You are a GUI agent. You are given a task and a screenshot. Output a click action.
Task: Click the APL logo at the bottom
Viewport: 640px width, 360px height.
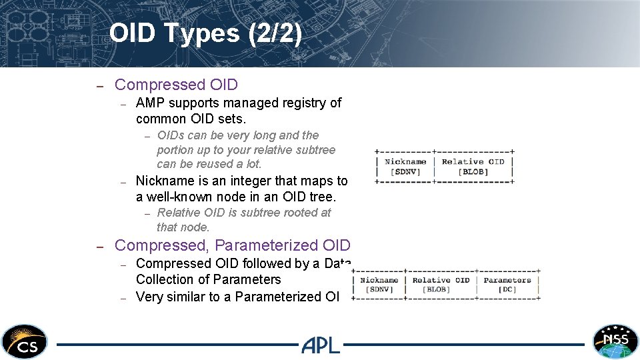(320, 345)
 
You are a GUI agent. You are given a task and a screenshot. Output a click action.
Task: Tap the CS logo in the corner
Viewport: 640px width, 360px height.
(25, 342)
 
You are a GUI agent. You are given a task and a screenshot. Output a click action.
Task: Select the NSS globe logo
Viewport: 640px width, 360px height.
(615, 342)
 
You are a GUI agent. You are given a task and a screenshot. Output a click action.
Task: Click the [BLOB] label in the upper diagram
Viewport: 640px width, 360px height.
(473, 172)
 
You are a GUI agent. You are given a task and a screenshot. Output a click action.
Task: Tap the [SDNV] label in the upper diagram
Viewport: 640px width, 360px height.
(405, 172)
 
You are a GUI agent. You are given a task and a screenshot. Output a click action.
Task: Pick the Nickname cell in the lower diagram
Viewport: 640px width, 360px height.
(379, 280)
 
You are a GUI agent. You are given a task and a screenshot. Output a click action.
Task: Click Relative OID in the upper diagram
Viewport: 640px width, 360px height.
(473, 161)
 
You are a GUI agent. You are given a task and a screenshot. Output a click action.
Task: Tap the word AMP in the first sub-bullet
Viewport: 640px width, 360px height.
(150, 103)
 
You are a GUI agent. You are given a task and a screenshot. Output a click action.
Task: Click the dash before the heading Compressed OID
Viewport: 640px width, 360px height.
(99, 85)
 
